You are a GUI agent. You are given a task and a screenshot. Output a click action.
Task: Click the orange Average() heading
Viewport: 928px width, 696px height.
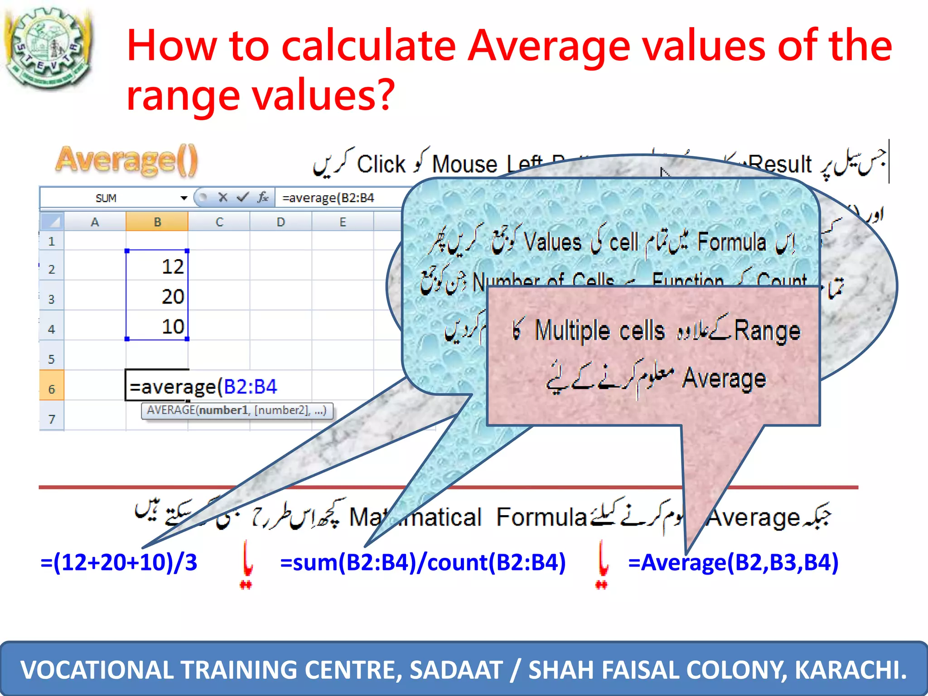(127, 160)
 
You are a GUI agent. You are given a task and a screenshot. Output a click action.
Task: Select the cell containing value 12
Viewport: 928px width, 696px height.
(157, 266)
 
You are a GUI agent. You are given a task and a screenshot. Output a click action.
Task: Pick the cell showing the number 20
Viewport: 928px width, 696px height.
(157, 296)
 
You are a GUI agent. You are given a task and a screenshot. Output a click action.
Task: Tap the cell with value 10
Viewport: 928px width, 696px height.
(157, 326)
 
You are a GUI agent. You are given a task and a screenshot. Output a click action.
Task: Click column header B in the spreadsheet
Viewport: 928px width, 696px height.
(157, 222)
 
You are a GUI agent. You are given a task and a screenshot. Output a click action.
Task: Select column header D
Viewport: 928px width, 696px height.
(280, 222)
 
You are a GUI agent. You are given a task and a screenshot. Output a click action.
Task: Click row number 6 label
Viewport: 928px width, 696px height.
(51, 389)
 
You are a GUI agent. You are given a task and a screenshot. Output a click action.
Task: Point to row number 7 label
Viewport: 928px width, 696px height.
(51, 419)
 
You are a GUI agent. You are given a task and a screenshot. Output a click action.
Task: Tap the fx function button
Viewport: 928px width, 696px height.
(262, 197)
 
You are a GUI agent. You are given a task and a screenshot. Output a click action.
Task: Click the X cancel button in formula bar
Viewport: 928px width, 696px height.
(222, 197)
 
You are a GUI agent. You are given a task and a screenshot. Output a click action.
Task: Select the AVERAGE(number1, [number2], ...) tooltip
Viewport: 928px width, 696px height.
(237, 411)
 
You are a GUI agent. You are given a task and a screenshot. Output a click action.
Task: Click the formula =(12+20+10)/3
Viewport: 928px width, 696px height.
(119, 562)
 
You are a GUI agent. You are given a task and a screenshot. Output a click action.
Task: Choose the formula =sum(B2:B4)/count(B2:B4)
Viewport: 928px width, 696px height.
(423, 562)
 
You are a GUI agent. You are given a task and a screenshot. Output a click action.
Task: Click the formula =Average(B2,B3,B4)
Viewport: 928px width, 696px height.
(733, 562)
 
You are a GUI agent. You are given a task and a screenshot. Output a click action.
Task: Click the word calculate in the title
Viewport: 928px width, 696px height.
(368, 45)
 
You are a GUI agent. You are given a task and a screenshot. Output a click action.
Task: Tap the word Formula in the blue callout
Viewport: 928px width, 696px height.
(731, 242)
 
